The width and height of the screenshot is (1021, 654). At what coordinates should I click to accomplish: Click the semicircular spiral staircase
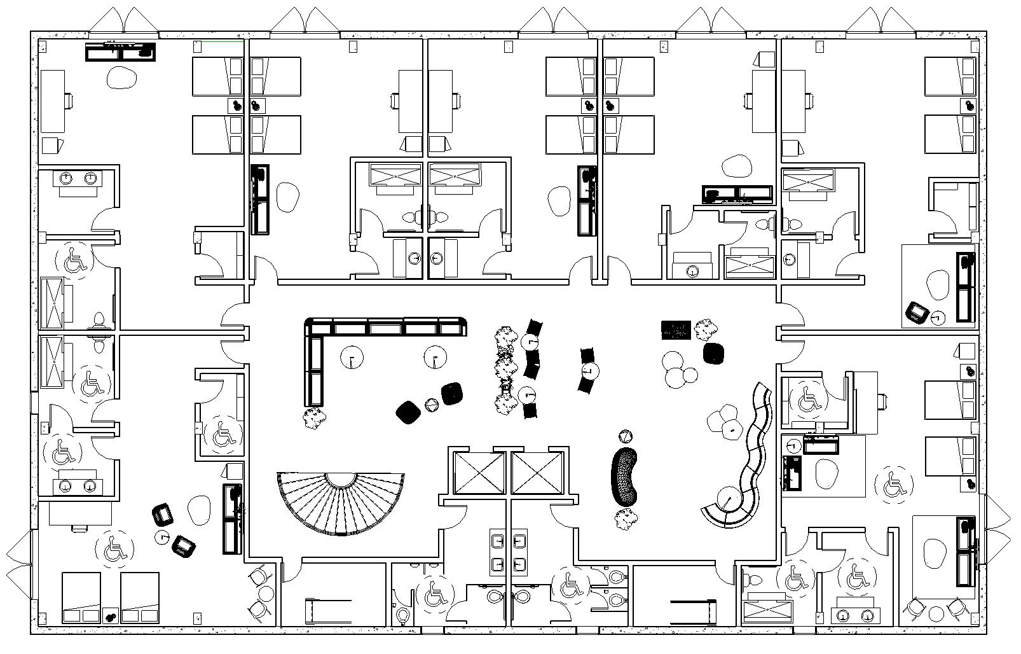pos(342,503)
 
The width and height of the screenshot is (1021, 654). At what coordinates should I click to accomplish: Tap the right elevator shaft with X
pos(537,473)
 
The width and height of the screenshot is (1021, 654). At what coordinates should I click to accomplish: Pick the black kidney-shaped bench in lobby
pos(626,477)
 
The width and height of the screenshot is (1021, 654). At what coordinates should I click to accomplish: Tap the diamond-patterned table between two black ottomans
pos(432,405)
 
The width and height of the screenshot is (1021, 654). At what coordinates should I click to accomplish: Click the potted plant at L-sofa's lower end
pos(314,418)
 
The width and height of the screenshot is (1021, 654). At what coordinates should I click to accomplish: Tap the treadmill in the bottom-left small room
pos(327,611)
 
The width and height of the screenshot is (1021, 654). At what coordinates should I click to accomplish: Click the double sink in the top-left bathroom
pos(77,178)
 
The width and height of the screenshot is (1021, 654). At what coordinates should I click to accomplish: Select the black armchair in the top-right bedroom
pos(915,312)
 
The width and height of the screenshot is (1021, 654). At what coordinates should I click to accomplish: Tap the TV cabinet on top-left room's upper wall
pos(121,51)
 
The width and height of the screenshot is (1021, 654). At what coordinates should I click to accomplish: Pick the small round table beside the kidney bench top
pos(626,436)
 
